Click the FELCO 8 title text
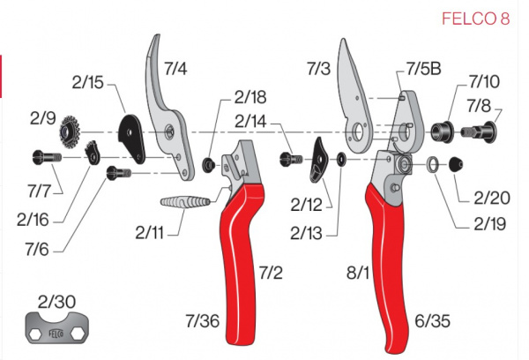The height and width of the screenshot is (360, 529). pyautogui.click(x=480, y=19)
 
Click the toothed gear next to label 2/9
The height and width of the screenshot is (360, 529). pyautogui.click(x=70, y=134)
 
